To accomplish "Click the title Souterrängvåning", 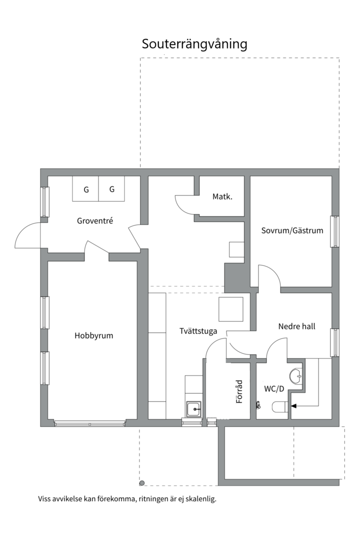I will [194, 44].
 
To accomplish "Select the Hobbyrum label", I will [94, 335].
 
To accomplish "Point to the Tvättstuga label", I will [198, 330].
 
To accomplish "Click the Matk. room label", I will [222, 196].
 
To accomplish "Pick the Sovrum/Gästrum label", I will [292, 230].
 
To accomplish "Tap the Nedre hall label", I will [296, 326].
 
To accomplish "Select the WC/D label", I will [274, 388].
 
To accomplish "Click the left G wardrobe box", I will [86, 189].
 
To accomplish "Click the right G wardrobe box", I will [112, 189].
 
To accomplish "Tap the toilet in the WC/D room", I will [278, 407].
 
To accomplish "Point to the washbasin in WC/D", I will [296, 375].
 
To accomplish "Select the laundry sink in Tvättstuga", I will [193, 409].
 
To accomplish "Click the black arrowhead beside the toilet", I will [293, 406].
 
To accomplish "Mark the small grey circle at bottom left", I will [142, 483].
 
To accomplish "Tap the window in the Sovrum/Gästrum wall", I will [334, 231].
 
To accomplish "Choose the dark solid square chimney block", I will [233, 277].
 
